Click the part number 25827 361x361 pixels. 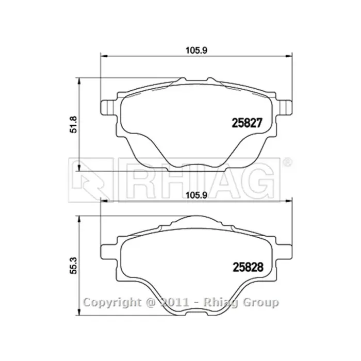[247, 123]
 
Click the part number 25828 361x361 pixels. [248, 267]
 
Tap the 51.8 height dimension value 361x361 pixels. [73, 124]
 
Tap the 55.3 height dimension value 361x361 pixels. [73, 266]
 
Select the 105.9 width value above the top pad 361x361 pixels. [196, 51]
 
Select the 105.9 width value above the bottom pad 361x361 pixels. [196, 195]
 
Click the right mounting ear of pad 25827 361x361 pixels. [284, 108]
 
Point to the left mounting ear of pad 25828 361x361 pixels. [109, 252]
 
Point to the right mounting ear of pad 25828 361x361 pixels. [284, 252]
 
